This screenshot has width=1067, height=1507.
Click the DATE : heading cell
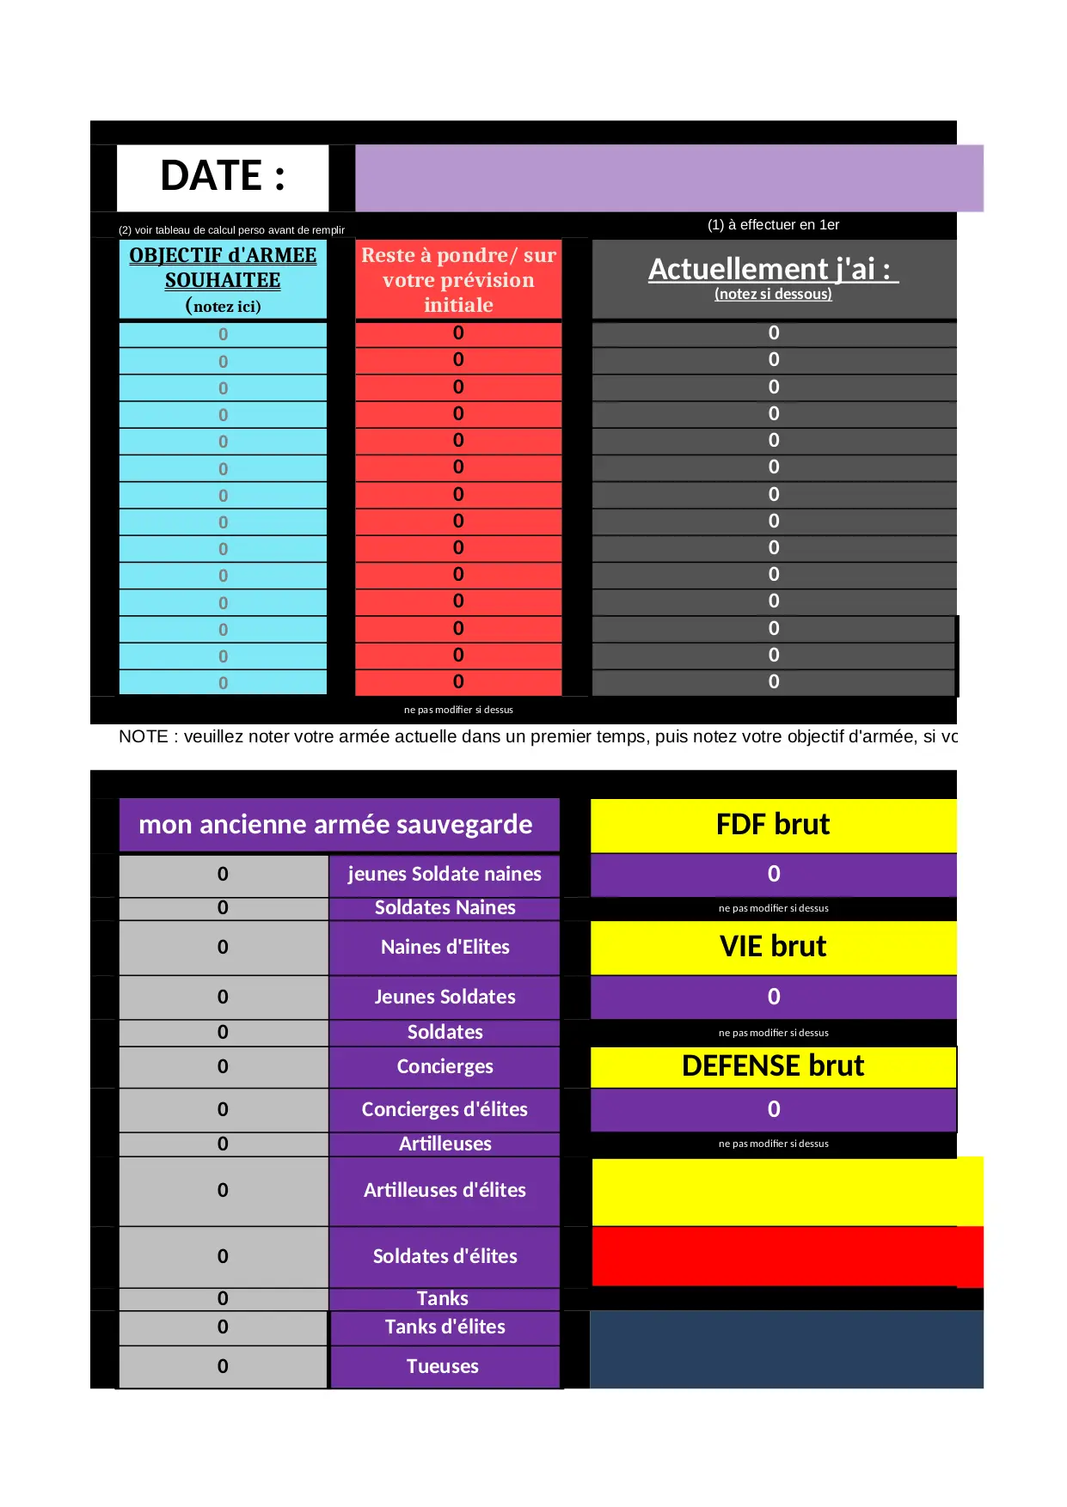(x=222, y=177)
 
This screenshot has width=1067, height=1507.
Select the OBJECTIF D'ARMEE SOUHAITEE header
(x=223, y=268)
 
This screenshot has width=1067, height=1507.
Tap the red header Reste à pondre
(x=458, y=280)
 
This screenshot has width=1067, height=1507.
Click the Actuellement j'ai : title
(x=773, y=270)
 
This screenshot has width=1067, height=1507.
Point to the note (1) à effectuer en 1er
(x=773, y=225)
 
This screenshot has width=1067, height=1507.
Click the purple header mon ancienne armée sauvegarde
(x=335, y=825)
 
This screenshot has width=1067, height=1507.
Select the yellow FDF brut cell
(x=773, y=825)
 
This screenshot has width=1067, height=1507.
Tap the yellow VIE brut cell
(x=773, y=947)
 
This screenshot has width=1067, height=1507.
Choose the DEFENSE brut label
(x=773, y=1066)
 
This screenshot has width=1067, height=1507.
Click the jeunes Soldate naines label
(x=445, y=875)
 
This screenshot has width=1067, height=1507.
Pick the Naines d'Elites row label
(x=445, y=947)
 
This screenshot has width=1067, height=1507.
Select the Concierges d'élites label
(x=445, y=1109)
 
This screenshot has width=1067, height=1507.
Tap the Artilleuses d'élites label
(x=445, y=1190)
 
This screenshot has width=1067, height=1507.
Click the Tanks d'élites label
(x=445, y=1327)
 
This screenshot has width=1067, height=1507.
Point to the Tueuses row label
(x=443, y=1366)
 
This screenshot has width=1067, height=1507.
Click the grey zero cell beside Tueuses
(x=223, y=1366)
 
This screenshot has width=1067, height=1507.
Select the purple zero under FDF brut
(x=773, y=875)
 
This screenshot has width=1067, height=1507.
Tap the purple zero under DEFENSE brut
(x=773, y=1109)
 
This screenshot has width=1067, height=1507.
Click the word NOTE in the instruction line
(x=143, y=737)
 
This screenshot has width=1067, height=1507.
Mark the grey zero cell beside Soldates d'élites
(x=223, y=1256)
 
